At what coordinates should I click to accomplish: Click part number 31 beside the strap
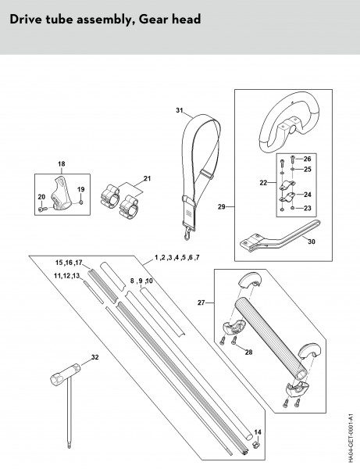click(x=180, y=110)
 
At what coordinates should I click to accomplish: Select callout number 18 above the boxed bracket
click(x=61, y=164)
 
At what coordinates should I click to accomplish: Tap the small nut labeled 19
click(x=80, y=202)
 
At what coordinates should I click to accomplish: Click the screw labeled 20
click(x=42, y=209)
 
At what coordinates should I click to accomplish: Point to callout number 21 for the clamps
click(x=147, y=178)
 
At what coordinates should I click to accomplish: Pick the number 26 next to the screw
click(x=307, y=159)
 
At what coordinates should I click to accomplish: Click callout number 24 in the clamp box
click(x=308, y=195)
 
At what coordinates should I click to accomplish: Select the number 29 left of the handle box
click(x=221, y=206)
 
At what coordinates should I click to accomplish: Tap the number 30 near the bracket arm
click(x=312, y=242)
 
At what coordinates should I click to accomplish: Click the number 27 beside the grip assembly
click(x=201, y=303)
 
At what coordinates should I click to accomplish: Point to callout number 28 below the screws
click(x=248, y=352)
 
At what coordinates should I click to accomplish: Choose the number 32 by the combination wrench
click(x=95, y=357)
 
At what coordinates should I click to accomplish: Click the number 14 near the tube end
click(x=258, y=432)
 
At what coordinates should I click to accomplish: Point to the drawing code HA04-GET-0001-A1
click(x=351, y=436)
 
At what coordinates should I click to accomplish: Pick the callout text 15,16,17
click(x=69, y=263)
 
